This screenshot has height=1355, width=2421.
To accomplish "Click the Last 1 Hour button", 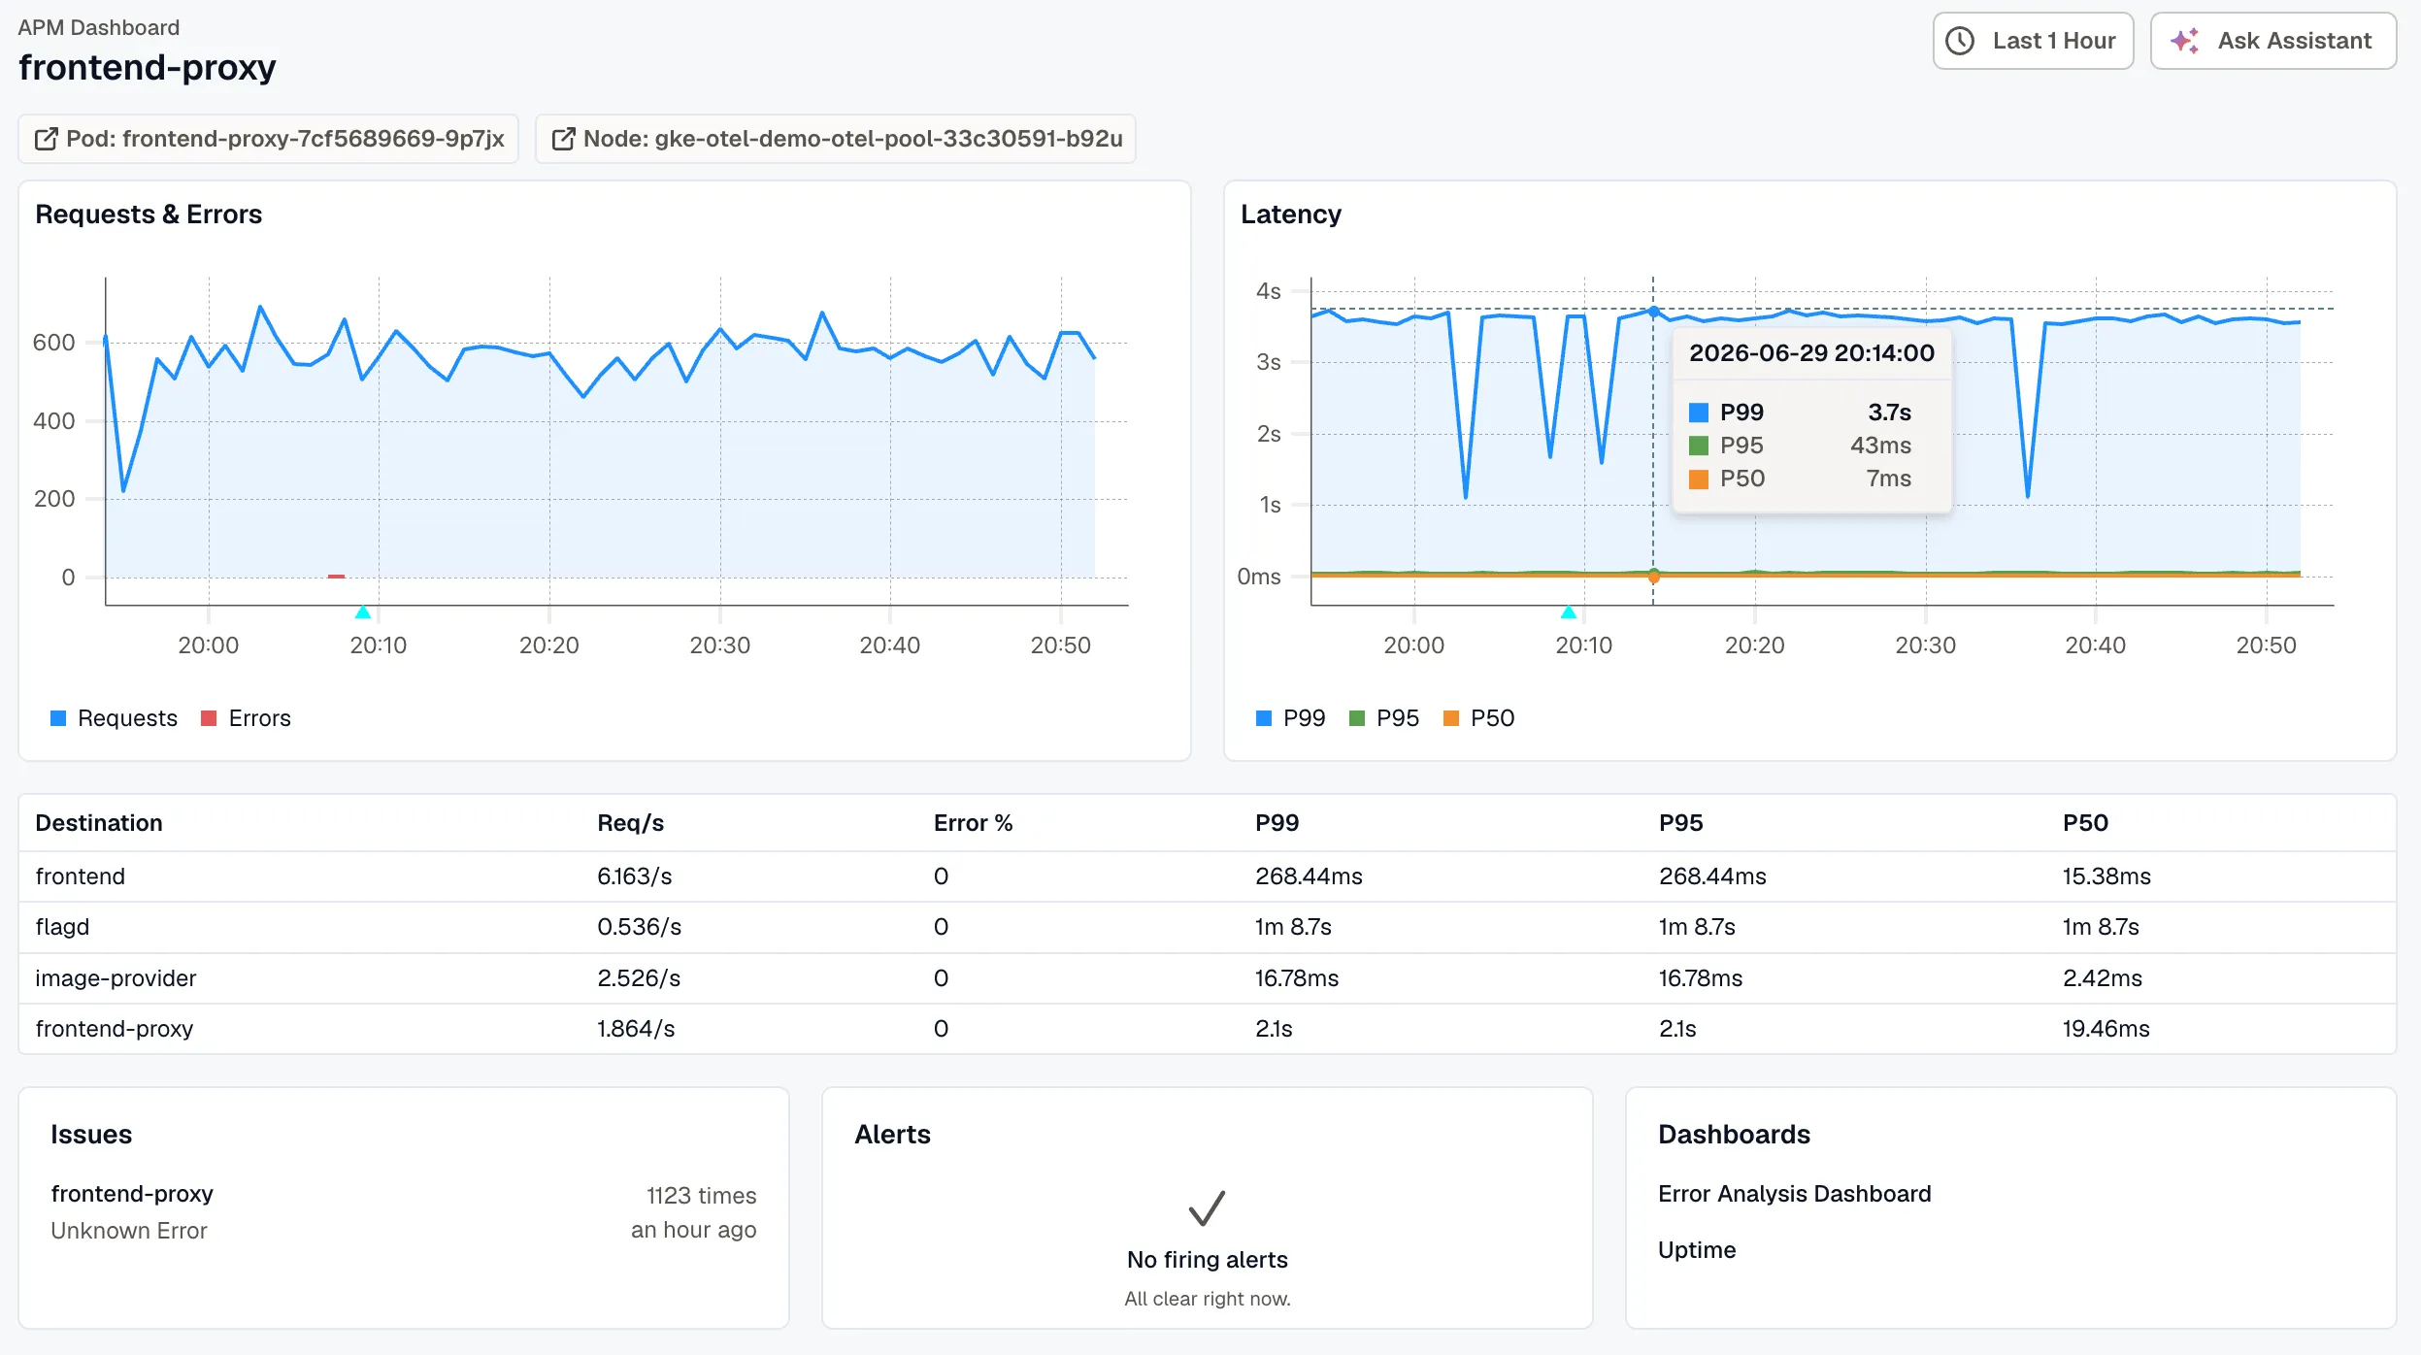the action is pos(2033,41).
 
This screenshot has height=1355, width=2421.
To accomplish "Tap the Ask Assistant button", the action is pos(2272,41).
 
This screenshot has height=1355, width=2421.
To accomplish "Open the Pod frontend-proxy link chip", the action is pos(269,139).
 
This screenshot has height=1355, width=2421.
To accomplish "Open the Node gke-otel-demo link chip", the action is pos(836,139).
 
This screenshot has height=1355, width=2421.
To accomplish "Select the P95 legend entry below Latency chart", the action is pos(1384,718).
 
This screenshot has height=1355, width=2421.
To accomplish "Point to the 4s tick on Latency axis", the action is pos(1268,291).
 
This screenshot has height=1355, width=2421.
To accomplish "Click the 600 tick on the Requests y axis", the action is pos(53,343).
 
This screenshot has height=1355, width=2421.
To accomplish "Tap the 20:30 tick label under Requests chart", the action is pos(719,645).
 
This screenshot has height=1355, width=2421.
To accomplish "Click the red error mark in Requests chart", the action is pos(336,577).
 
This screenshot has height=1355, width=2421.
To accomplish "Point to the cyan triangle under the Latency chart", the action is pos(1568,611).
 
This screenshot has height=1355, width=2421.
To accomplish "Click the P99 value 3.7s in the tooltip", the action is pos(1889,413).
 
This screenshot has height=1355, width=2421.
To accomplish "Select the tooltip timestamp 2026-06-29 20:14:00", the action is pos(1811,353).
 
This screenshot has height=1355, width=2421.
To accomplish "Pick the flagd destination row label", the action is pos(62,927).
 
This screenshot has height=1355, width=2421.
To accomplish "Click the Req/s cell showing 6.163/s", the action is pos(635,876).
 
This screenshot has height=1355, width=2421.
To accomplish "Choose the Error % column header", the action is pos(973,823).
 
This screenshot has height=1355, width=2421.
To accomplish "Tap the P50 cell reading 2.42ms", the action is pos(2102,978).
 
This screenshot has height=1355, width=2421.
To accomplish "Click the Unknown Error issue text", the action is pos(129,1231).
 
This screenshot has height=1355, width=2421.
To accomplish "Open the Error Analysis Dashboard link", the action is pos(1794,1194).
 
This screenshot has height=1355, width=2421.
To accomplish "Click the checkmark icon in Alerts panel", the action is pos(1207,1208).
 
